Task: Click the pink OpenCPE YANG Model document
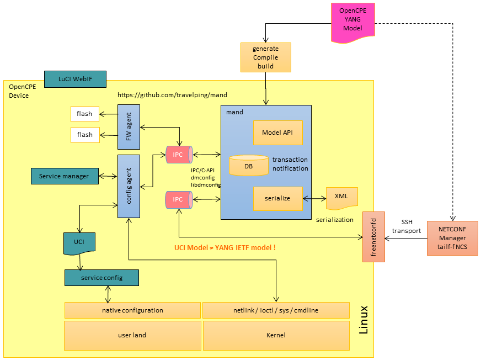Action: pos(353,22)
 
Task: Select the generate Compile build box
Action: pos(265,57)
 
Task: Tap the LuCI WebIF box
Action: pos(74,79)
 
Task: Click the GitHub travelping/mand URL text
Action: pos(172,95)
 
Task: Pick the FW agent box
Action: pos(129,128)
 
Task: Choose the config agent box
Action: pos(129,186)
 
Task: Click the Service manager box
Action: pos(64,177)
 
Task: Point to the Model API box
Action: pos(278,133)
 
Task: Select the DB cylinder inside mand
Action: pos(248,166)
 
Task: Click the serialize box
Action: pos(278,198)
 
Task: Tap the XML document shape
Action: pos(341,198)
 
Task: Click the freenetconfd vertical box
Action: pos(373,236)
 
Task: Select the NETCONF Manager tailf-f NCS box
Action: pos(452,238)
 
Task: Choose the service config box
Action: pos(101,278)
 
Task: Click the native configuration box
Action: pos(132,310)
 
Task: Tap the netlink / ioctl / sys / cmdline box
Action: pos(276,310)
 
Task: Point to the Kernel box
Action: pos(276,335)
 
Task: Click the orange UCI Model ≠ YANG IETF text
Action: pos(225,248)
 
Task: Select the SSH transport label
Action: pos(410,227)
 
